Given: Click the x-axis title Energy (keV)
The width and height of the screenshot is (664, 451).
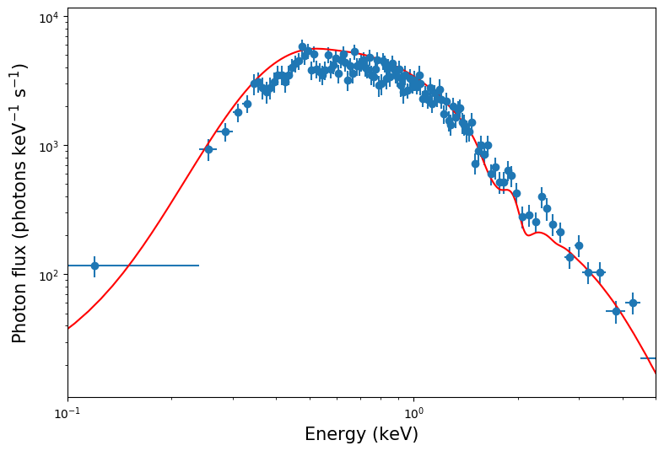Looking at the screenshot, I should click(361, 434).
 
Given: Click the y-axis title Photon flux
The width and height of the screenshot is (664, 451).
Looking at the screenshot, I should click(19, 203).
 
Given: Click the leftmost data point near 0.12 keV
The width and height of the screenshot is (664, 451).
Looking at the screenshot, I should click(94, 266).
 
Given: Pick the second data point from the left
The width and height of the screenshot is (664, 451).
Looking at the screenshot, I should click(208, 149).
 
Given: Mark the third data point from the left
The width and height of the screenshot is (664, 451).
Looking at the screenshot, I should click(225, 132).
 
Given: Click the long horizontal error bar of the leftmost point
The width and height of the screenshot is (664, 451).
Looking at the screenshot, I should click(152, 266).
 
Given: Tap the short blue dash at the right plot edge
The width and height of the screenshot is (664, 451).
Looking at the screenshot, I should click(649, 358).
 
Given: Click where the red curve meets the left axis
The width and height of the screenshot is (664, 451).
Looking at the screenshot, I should click(68, 328).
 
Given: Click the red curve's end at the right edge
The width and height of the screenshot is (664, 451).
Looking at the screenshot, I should click(656, 373).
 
